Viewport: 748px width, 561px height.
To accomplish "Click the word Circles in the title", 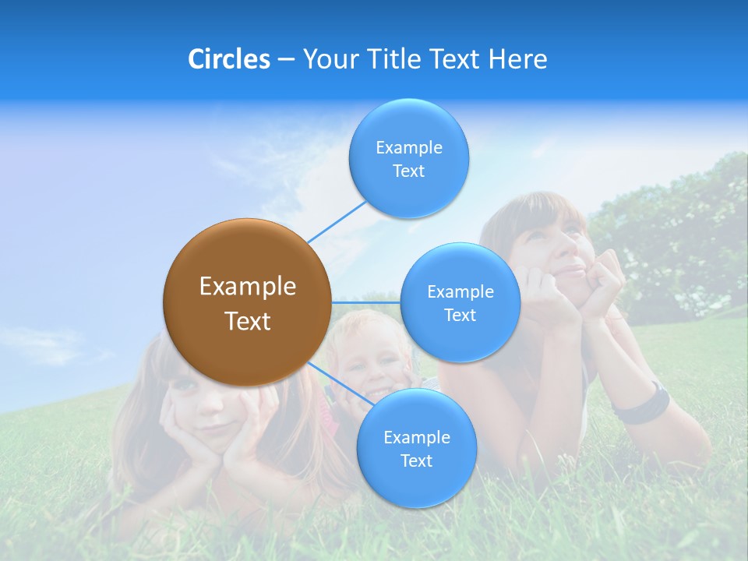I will click(228, 59).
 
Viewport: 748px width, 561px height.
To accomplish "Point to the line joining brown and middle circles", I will click(365, 302).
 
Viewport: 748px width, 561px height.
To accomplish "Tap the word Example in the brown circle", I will click(247, 287).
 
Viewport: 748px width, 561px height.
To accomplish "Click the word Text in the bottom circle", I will click(416, 460).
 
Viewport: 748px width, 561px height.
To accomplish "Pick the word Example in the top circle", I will click(408, 147).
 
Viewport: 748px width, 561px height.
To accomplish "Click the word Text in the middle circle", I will click(460, 315).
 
